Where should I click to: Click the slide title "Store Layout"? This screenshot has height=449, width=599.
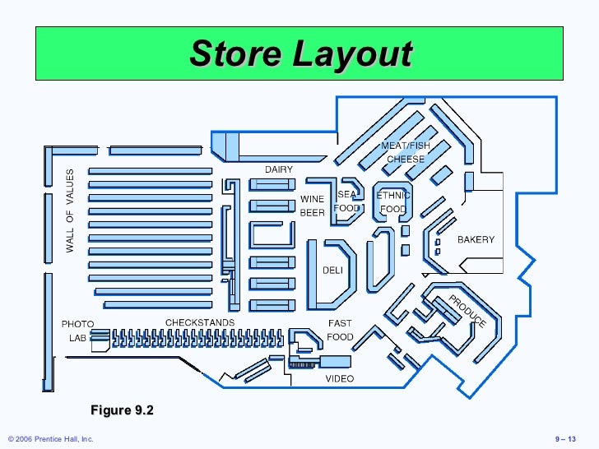300,53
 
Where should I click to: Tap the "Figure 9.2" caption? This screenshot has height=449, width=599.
123,410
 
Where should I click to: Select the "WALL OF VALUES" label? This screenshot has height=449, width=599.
70,211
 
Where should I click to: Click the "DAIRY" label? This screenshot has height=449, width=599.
278,169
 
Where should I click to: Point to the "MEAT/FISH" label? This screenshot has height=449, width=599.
405,146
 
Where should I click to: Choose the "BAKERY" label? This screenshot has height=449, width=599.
476,239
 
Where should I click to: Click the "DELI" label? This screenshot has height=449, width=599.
332,269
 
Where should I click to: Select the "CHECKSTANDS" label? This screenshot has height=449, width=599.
200,322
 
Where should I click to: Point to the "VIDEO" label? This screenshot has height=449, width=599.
340,379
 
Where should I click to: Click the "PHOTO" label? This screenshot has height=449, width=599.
78,324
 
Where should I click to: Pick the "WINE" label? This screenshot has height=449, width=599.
312,199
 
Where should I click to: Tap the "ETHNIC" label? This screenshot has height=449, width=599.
392,196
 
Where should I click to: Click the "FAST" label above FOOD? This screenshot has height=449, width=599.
340,323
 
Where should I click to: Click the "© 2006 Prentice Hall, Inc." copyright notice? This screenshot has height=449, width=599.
49,440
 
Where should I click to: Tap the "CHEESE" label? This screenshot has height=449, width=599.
406,160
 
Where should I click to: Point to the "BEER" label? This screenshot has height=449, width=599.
312,213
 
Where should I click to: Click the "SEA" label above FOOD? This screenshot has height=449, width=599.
347,195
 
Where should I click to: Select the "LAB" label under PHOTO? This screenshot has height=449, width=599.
77,338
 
